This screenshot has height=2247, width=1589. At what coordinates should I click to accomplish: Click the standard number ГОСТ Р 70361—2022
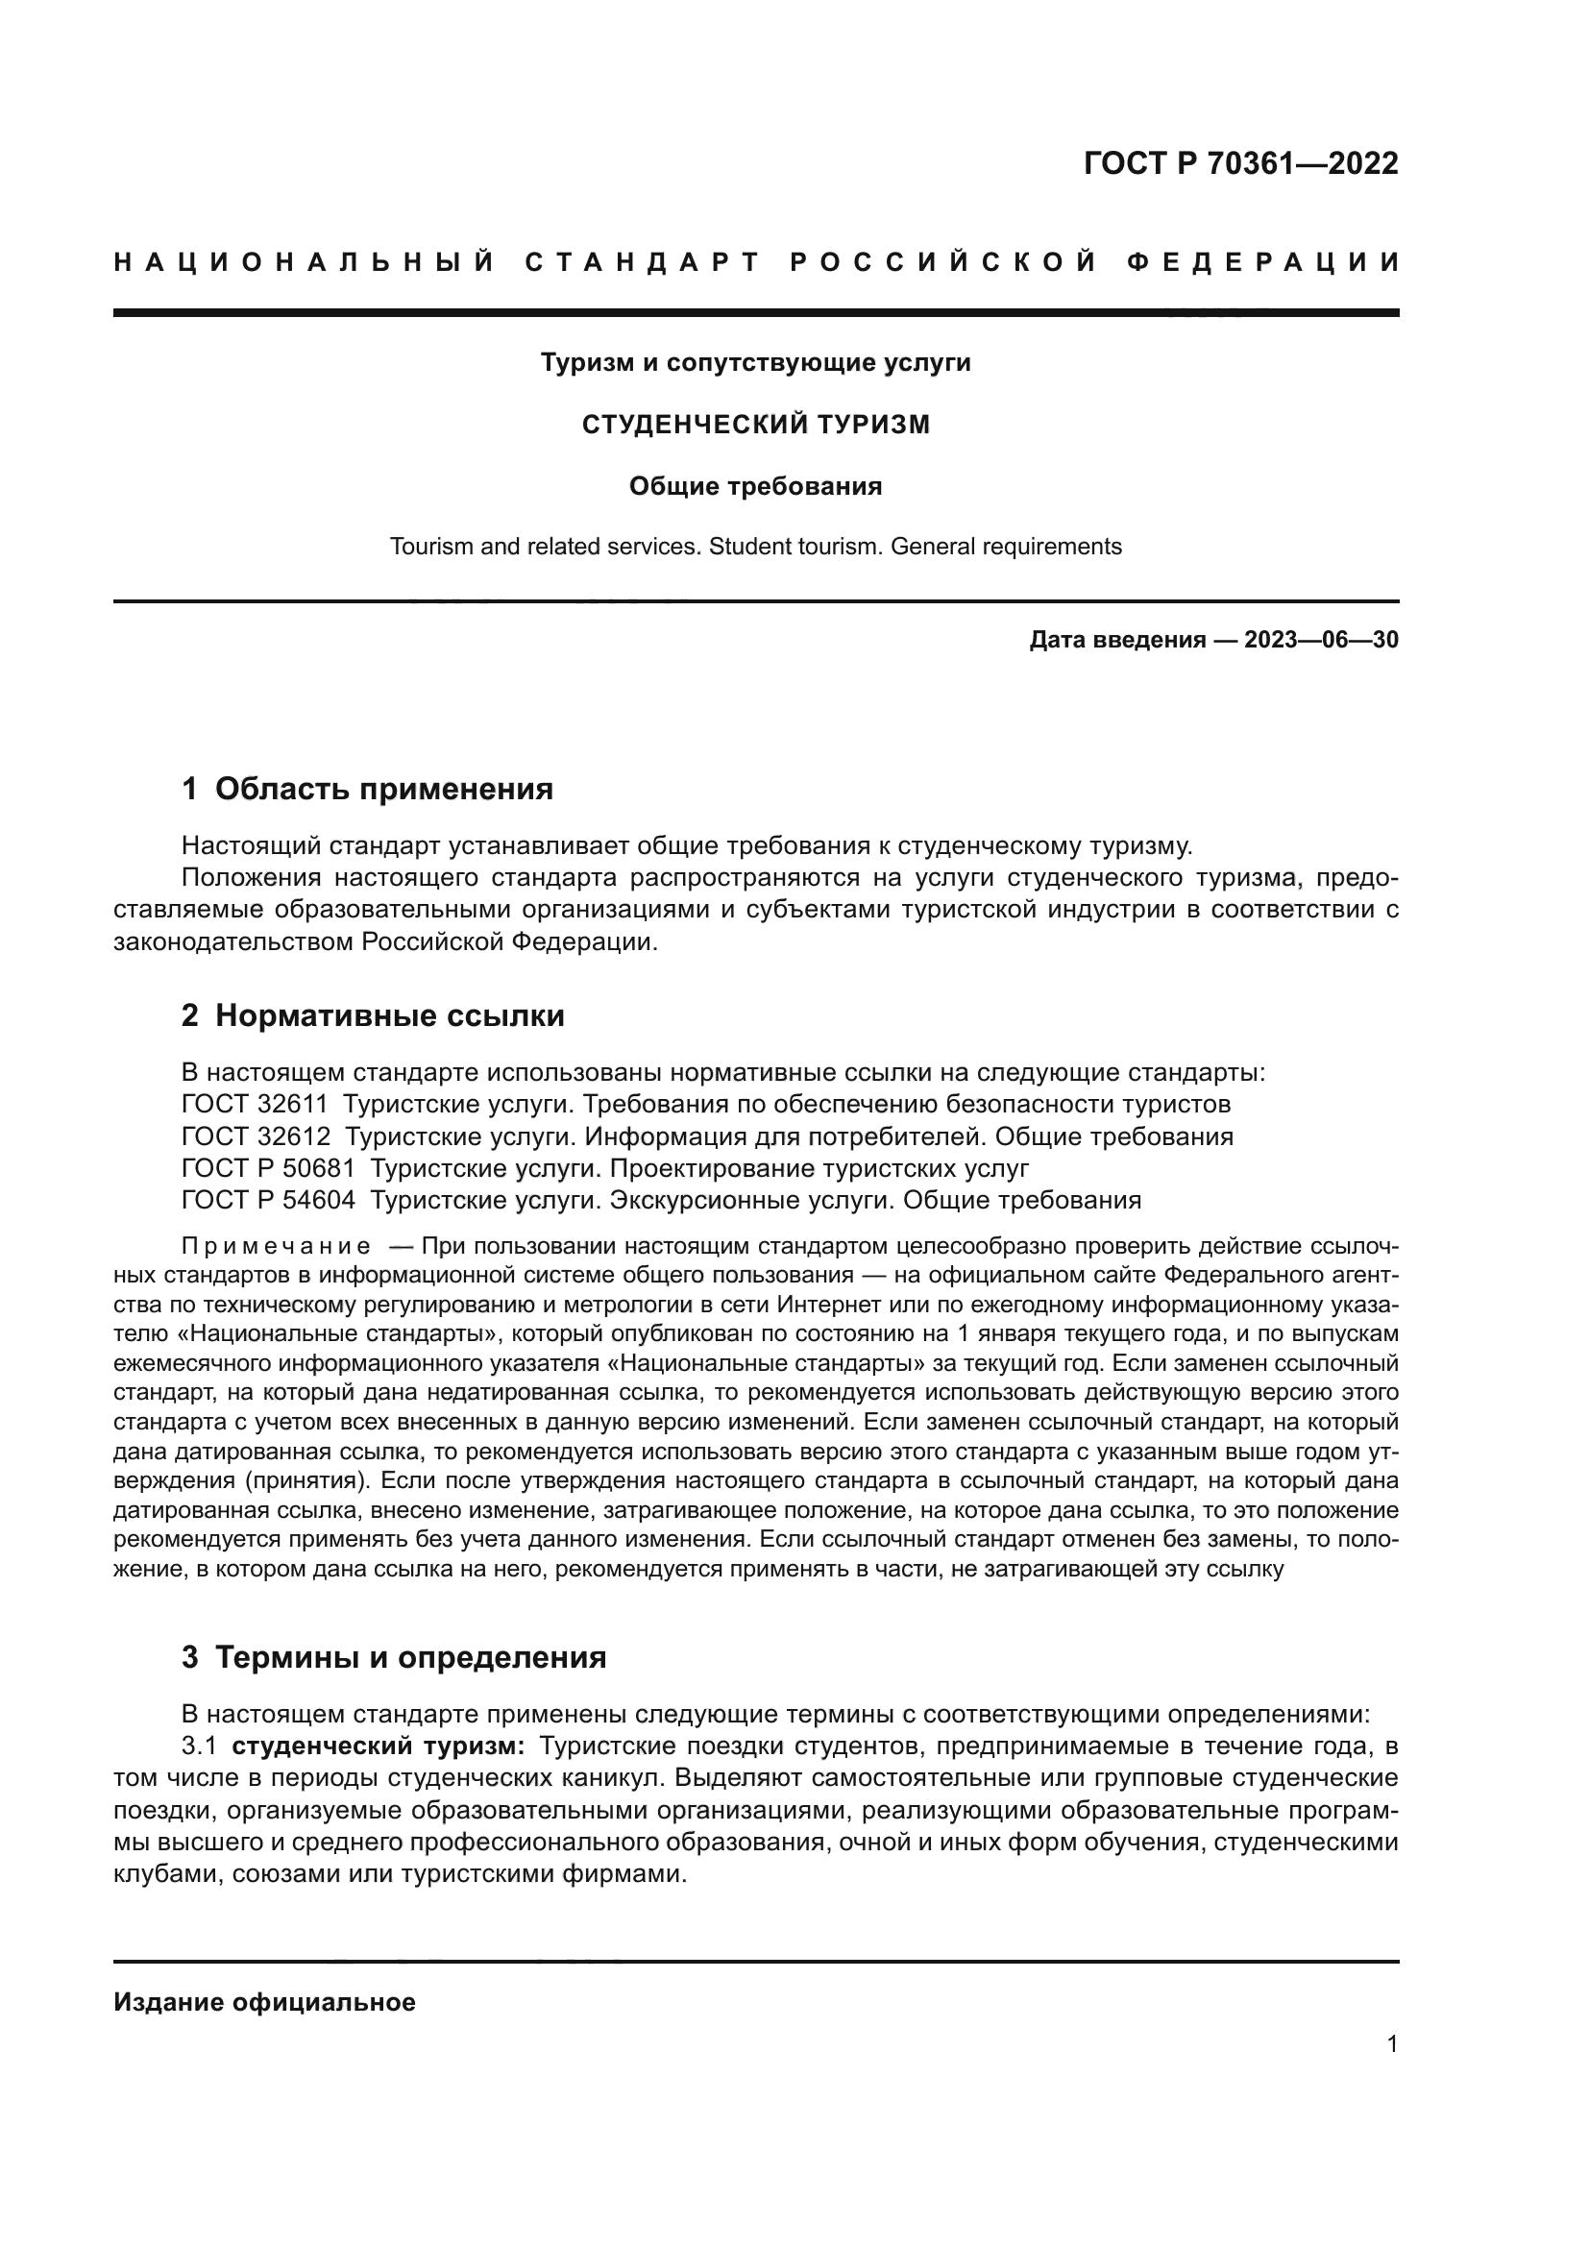(1240, 163)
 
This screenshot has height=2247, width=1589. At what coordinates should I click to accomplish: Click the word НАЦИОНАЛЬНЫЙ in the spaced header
(305, 262)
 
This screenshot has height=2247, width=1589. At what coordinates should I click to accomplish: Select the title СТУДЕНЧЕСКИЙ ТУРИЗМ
(755, 425)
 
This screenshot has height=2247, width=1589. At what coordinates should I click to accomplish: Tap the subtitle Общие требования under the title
(755, 486)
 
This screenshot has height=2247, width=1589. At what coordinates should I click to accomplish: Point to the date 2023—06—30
(1321, 640)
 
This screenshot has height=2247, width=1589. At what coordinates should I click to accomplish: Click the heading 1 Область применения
(368, 789)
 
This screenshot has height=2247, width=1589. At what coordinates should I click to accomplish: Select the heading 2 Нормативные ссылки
(373, 1015)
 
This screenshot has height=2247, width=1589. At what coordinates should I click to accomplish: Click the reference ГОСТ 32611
(255, 1104)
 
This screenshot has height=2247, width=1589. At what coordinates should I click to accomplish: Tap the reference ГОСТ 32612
(255, 1136)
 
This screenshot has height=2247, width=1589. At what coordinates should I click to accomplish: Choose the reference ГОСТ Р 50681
(268, 1168)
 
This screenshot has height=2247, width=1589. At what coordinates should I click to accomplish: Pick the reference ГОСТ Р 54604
(268, 1200)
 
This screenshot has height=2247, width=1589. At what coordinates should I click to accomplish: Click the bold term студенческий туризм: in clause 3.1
(379, 1746)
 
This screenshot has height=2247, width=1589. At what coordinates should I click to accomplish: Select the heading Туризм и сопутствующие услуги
(755, 363)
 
